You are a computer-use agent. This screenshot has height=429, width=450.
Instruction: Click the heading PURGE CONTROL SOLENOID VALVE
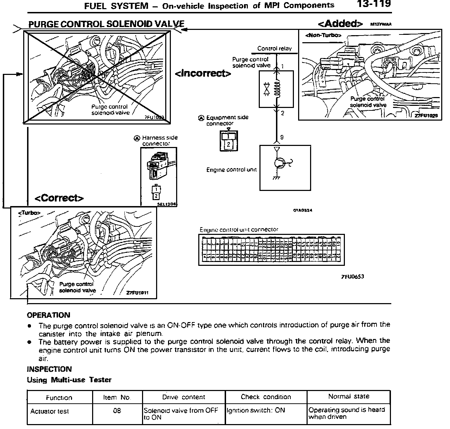(x=106, y=24)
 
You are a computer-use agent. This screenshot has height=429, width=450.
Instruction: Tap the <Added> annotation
(x=340, y=24)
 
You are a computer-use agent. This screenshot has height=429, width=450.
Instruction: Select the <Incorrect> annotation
(x=203, y=73)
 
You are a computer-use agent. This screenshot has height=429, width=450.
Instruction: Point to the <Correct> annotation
(x=59, y=198)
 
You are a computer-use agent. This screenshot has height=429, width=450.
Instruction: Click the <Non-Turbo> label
(x=323, y=35)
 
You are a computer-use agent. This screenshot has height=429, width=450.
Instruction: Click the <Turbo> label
(x=29, y=213)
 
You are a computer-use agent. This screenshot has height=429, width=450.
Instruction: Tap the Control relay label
(x=274, y=49)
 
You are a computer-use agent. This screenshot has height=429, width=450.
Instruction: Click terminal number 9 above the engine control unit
(x=282, y=137)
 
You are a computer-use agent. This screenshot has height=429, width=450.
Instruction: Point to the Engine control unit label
(x=231, y=170)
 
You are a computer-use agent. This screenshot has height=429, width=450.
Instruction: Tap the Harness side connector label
(x=160, y=140)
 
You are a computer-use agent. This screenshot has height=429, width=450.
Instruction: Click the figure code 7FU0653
(x=352, y=276)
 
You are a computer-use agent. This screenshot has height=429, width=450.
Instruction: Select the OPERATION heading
(x=49, y=315)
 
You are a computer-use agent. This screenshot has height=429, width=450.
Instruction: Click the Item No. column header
(x=117, y=397)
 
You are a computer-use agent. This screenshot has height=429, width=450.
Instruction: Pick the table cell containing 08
(x=117, y=410)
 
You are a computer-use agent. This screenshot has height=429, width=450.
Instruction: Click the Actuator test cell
(x=50, y=411)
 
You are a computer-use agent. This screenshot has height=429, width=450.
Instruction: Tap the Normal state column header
(x=348, y=396)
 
